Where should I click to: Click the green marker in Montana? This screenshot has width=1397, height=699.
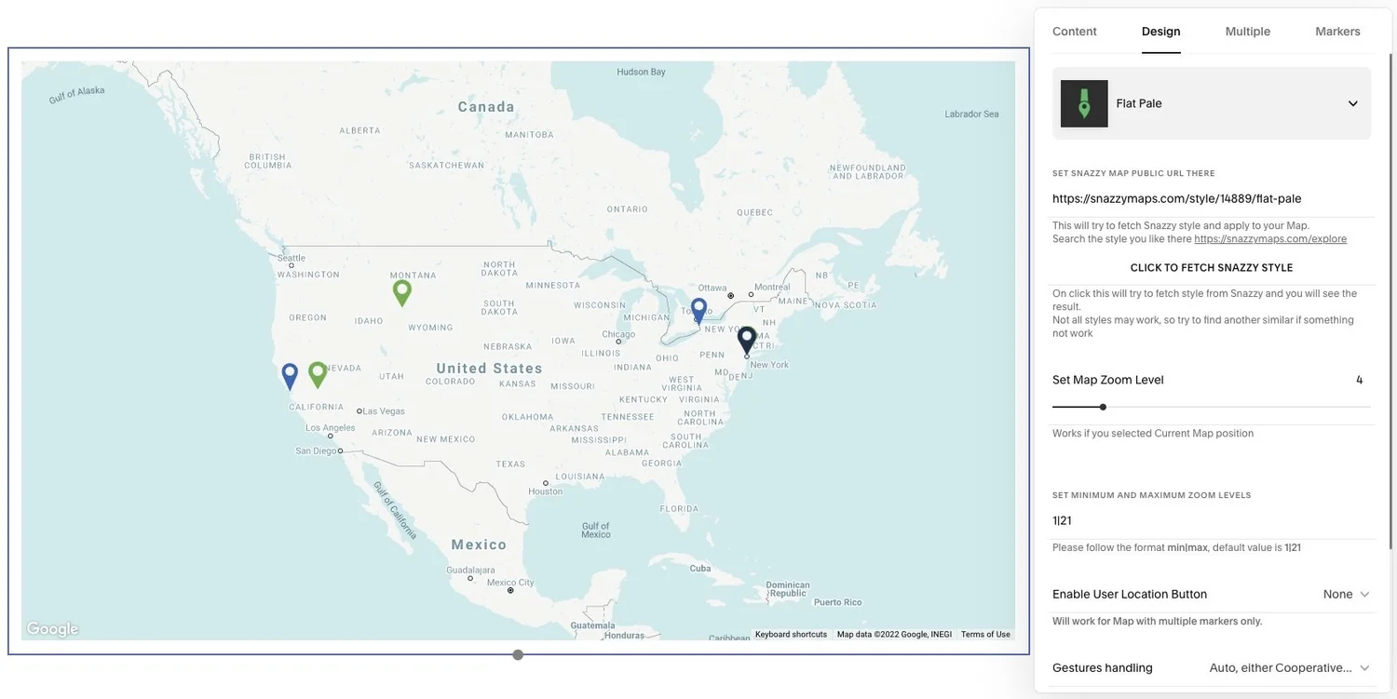(401, 290)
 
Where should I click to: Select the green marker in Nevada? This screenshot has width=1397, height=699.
(318, 372)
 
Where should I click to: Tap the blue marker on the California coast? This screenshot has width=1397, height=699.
(290, 374)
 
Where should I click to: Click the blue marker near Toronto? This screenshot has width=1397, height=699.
(698, 308)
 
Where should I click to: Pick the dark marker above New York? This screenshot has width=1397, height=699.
(746, 339)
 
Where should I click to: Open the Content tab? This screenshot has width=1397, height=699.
(1074, 32)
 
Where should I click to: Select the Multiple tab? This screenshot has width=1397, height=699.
(1247, 32)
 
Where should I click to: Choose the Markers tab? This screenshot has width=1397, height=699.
(1337, 32)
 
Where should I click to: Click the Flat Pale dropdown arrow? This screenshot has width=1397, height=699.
(1352, 103)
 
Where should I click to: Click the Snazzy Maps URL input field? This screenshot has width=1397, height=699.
(1211, 198)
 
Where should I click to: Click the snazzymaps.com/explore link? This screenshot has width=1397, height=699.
(1269, 239)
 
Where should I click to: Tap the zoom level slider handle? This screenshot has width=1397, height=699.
(1103, 407)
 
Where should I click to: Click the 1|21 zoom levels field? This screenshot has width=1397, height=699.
(1211, 520)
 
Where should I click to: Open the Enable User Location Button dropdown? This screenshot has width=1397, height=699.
(1346, 594)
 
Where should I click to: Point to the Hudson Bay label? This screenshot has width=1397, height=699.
(641, 72)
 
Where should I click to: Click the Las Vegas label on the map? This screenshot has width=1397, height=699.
(383, 410)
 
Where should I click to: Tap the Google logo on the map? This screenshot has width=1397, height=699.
(52, 629)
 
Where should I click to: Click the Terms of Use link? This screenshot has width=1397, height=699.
(985, 635)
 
